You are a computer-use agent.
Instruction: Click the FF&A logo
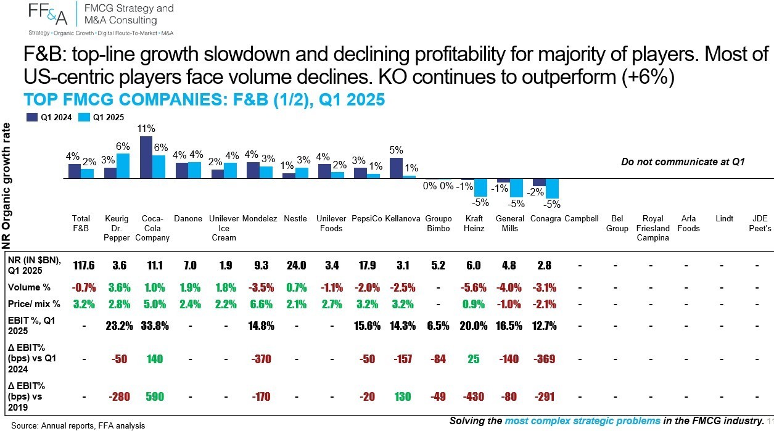tap(47, 14)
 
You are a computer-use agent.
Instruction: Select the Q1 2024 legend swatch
tap(32, 117)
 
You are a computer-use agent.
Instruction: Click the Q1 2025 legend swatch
tap(84, 117)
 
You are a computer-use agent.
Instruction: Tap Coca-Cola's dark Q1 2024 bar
tap(146, 157)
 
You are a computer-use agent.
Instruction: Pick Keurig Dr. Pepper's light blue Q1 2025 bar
tap(123, 166)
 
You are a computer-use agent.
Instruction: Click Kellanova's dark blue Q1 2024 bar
tap(396, 168)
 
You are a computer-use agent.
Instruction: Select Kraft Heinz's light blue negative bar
tap(480, 187)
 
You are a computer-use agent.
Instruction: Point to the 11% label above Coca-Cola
tap(146, 129)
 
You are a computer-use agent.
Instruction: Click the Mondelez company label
tap(260, 219)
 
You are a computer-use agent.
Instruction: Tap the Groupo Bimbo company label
tap(438, 223)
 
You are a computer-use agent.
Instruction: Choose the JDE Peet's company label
tap(760, 223)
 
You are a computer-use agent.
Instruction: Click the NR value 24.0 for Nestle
tap(296, 265)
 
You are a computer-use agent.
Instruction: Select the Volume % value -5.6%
tap(474, 287)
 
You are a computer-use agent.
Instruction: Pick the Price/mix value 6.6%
tap(261, 304)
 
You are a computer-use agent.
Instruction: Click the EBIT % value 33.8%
tap(155, 326)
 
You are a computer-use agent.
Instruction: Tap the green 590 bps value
tap(154, 396)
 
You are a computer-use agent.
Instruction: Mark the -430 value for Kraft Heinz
tap(474, 396)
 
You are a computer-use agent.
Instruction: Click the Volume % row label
tap(29, 287)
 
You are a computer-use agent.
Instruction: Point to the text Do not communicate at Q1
tap(683, 162)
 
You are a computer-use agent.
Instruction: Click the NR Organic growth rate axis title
tap(6, 186)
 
